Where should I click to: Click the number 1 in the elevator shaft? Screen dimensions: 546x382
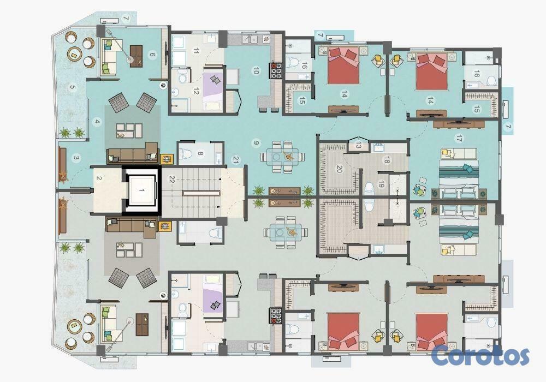click(142, 190)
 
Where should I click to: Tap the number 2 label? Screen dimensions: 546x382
click(99, 178)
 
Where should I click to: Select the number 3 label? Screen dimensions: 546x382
click(76, 158)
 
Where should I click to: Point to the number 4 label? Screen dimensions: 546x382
click(97, 122)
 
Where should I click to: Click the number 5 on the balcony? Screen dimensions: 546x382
click(73, 87)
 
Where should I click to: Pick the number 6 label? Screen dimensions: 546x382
click(152, 54)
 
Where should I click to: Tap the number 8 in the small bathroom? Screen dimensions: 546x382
click(200, 153)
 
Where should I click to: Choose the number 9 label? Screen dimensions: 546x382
click(256, 142)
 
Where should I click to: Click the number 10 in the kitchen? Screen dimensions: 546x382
click(256, 70)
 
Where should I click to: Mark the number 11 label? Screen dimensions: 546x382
click(195, 51)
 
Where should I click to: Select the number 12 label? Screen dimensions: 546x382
click(195, 92)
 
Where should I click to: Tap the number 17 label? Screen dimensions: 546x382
click(459, 139)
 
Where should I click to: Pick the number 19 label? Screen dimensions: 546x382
click(381, 184)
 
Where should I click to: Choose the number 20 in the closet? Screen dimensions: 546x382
click(339, 169)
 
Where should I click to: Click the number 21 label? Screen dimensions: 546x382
click(236, 160)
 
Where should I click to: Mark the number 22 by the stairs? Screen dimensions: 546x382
click(171, 179)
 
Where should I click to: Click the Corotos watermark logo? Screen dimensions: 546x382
click(480, 355)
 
